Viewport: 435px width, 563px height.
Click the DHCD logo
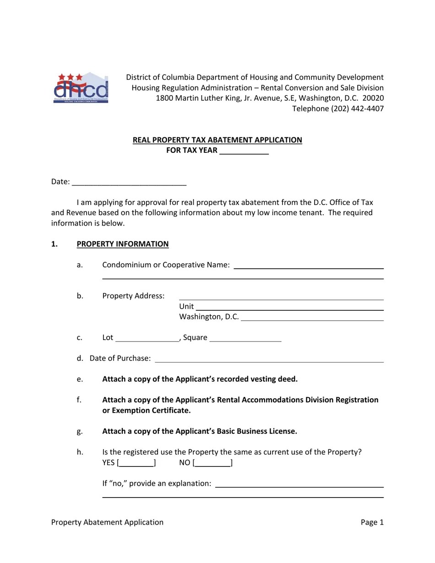[x=81, y=88]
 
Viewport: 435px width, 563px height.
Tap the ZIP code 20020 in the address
[x=373, y=98]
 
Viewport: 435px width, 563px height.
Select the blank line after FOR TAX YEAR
[x=244, y=151]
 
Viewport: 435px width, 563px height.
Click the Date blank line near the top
[x=129, y=182]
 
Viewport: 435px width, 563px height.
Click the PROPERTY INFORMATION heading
[x=123, y=244]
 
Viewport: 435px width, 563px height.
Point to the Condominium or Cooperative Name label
[x=166, y=265]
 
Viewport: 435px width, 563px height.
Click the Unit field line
[x=289, y=307]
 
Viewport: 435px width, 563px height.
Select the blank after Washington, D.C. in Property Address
[x=312, y=317]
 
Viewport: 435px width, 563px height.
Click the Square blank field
[x=245, y=338]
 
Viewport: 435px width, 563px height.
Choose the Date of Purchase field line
[x=269, y=359]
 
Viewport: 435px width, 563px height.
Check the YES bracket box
[x=136, y=463]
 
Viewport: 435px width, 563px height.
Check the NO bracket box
[x=213, y=463]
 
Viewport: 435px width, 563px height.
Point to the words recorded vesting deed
[x=257, y=379]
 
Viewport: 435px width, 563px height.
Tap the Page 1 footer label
[x=372, y=522]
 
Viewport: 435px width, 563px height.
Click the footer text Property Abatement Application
[x=107, y=522]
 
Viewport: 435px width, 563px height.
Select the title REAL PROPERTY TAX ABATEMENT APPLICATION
[x=217, y=140]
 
